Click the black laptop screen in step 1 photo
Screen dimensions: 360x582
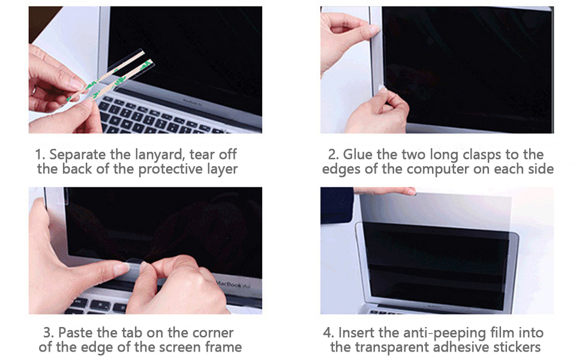click(192, 54)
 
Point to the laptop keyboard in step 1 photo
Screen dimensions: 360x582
click(156, 117)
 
